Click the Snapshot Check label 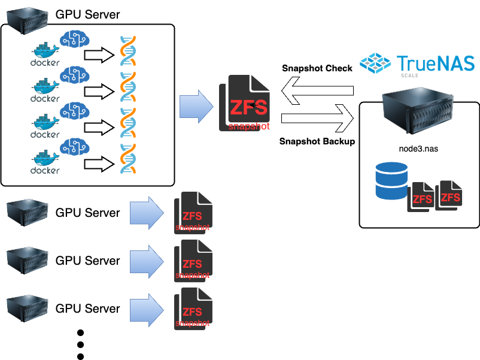coord(317,68)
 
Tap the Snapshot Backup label coord(317,142)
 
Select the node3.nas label coord(419,149)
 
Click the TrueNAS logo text coord(435,63)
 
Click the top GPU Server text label coord(87,14)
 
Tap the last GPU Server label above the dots coord(87,308)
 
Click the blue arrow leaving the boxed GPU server coord(196,104)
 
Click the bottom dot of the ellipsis coord(81,356)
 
